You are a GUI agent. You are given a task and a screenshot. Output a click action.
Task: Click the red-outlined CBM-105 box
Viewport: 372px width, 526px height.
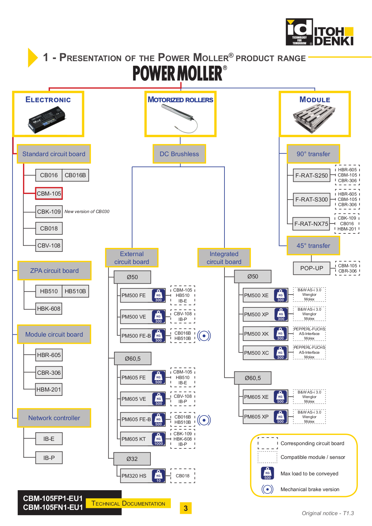click(x=49, y=194)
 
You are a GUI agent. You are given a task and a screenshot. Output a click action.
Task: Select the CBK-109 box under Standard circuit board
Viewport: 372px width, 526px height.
click(x=49, y=212)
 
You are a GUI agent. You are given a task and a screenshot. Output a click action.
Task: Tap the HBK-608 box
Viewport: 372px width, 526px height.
click(x=49, y=309)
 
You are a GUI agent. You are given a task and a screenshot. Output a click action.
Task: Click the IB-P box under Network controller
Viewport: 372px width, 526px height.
click(x=49, y=458)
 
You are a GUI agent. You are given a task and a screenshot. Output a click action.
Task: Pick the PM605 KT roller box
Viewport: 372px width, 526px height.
click(x=143, y=439)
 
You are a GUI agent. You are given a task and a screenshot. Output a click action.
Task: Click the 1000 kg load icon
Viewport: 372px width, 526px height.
click(x=158, y=439)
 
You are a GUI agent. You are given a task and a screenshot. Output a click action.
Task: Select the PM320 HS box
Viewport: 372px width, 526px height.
click(x=143, y=476)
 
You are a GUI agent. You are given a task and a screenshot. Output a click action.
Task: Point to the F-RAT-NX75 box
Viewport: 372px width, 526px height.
click(x=311, y=224)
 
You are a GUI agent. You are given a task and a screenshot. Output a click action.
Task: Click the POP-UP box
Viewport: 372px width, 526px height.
click(x=312, y=268)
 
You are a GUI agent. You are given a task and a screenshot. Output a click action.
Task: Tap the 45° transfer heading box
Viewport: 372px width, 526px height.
click(x=313, y=246)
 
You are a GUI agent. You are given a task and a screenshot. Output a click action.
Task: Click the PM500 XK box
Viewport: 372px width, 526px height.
click(x=266, y=334)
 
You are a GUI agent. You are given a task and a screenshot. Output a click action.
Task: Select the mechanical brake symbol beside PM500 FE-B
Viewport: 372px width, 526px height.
click(x=204, y=336)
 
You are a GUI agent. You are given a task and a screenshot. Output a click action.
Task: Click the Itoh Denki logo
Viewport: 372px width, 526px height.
click(x=319, y=32)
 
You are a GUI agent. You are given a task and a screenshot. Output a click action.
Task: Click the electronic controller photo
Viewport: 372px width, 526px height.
click(x=47, y=119)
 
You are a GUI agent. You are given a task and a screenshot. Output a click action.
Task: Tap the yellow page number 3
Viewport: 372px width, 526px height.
click(x=186, y=508)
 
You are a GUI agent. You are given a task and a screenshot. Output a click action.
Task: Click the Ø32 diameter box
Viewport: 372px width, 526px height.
click(x=132, y=459)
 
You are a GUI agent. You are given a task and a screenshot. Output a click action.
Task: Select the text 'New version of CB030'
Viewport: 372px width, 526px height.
click(x=87, y=212)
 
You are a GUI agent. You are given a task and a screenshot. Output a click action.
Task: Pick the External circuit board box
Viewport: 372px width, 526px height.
click(x=132, y=258)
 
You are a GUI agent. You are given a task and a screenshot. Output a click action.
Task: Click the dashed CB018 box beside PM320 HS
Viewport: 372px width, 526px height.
click(x=183, y=476)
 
